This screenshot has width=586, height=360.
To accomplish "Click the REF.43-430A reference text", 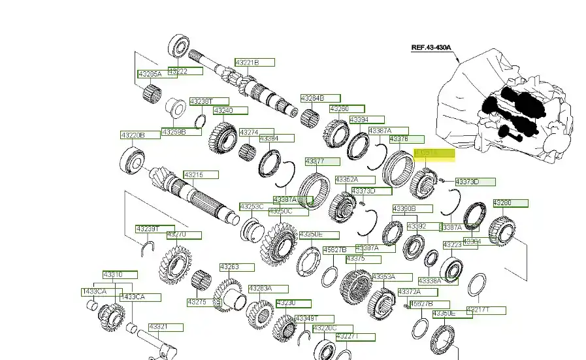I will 431,47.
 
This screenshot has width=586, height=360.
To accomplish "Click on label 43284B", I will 320,98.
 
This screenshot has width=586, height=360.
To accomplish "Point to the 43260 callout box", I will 346,108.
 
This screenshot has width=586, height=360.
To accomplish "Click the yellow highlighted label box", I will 434,154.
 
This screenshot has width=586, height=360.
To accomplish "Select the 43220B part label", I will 140,135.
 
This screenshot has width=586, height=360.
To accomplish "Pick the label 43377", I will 322,161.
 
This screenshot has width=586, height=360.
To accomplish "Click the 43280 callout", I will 510,203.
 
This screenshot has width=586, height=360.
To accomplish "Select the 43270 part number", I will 183,235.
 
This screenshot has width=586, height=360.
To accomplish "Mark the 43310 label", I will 120,275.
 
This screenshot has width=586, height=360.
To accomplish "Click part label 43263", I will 236,267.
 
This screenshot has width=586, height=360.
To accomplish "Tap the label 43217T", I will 486,310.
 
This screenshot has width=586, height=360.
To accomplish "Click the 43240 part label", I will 230,110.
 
